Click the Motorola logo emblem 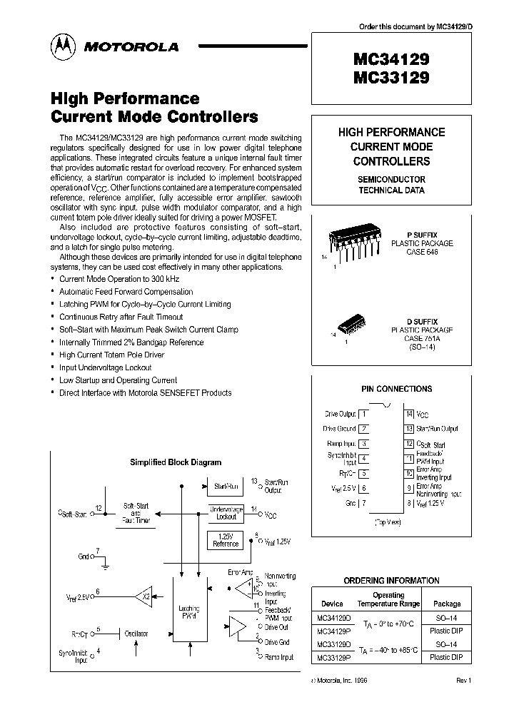pyautogui.click(x=61, y=47)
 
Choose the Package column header pyautogui.click(x=447, y=604)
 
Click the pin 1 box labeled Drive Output pyautogui.click(x=364, y=414)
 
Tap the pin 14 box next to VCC pyautogui.click(x=409, y=414)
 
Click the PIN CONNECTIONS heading pyautogui.click(x=396, y=389)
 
